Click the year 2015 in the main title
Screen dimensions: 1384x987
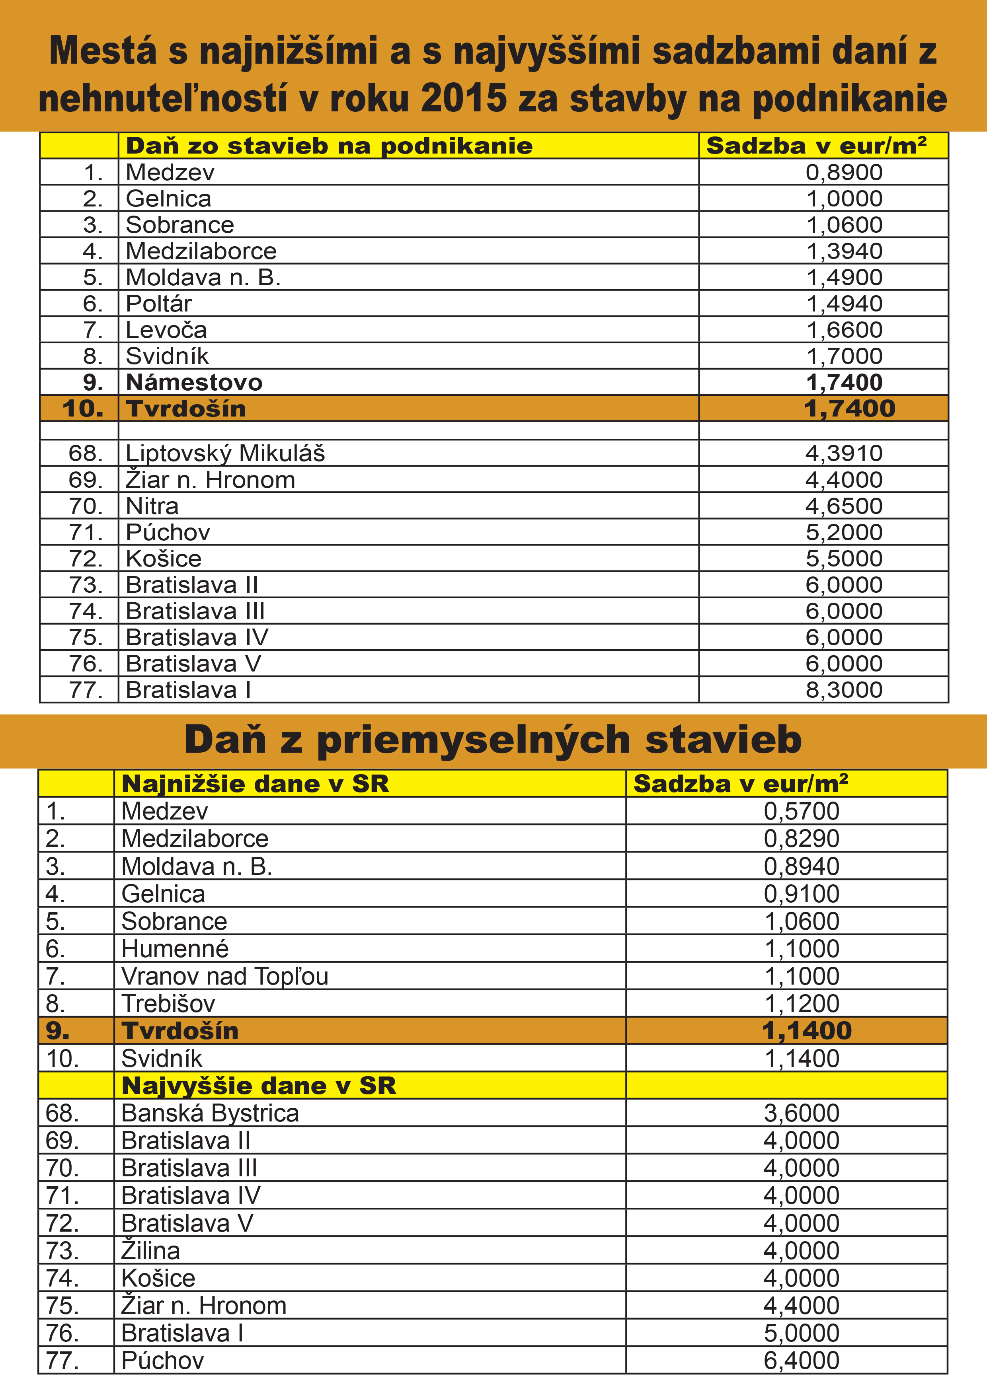pyautogui.click(x=463, y=98)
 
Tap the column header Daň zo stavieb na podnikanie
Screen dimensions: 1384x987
pyautogui.click(x=329, y=146)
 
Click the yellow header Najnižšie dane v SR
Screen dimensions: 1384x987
pyautogui.click(x=255, y=784)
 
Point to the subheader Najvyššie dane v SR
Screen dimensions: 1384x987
pyautogui.click(x=258, y=1086)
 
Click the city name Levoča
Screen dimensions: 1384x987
pyautogui.click(x=166, y=330)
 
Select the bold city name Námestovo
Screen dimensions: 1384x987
pyautogui.click(x=194, y=382)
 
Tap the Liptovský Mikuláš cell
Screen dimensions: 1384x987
pyautogui.click(x=225, y=453)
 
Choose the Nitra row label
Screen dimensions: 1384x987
pyautogui.click(x=152, y=506)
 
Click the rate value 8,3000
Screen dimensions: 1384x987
pyautogui.click(x=844, y=689)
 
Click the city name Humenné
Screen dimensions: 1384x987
pyautogui.click(x=175, y=948)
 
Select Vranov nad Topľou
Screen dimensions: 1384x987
pyautogui.click(x=225, y=976)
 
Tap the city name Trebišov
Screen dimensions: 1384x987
pyautogui.click(x=168, y=1004)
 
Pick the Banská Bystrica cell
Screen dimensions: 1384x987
pyautogui.click(x=210, y=1113)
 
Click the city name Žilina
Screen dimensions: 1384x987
pyautogui.click(x=151, y=1250)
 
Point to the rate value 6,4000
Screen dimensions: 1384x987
pyautogui.click(x=801, y=1360)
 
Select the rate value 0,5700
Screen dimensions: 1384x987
pyautogui.click(x=801, y=811)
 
